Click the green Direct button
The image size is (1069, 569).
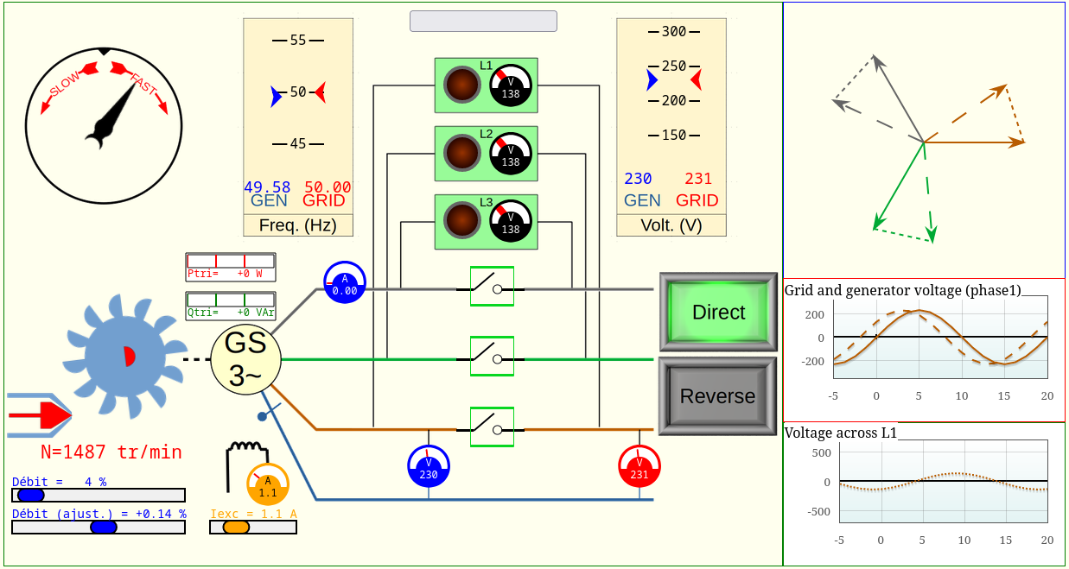coord(717,312)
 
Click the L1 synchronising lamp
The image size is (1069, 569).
coord(461,85)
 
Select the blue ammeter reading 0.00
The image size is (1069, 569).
coord(345,282)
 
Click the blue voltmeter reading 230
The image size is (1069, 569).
coord(428,466)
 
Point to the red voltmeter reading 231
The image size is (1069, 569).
coord(639,466)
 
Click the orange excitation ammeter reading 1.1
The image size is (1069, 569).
coord(268,484)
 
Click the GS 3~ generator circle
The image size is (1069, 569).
coord(245,359)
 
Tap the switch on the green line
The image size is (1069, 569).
coord(492,356)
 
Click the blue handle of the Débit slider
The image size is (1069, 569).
coord(31,495)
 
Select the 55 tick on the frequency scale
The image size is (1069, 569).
coord(298,40)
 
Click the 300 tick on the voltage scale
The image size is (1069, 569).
coord(673,32)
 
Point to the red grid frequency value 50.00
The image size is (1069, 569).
coord(328,187)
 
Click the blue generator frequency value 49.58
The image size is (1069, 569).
coord(267,187)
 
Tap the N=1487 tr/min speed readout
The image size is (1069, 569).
coord(111,452)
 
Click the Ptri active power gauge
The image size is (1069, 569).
coord(231,267)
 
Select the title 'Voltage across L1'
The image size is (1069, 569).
coord(840,433)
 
